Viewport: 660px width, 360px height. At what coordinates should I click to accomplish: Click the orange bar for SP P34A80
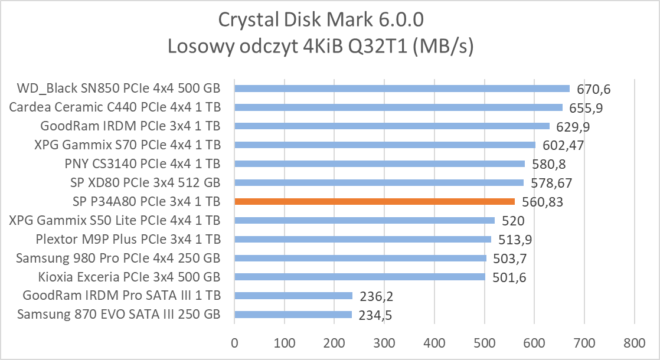click(374, 201)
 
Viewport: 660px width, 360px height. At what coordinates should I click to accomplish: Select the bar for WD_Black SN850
click(401, 89)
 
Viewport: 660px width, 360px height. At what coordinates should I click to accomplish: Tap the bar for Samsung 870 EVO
click(293, 315)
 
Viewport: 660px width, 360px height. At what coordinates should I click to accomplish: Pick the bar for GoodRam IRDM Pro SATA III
click(293, 296)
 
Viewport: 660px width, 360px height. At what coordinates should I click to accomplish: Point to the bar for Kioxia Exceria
click(360, 277)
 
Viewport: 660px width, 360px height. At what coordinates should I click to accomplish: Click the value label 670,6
click(594, 90)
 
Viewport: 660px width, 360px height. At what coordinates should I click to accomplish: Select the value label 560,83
click(542, 202)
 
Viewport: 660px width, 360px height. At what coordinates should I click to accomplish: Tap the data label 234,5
click(375, 316)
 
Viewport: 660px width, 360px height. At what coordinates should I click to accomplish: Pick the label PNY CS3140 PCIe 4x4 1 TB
click(142, 163)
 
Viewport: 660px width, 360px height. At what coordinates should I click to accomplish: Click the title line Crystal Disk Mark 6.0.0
click(321, 20)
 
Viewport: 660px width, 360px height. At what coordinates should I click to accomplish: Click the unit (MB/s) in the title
click(443, 47)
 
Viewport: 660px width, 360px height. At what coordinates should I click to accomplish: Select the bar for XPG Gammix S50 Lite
click(364, 220)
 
